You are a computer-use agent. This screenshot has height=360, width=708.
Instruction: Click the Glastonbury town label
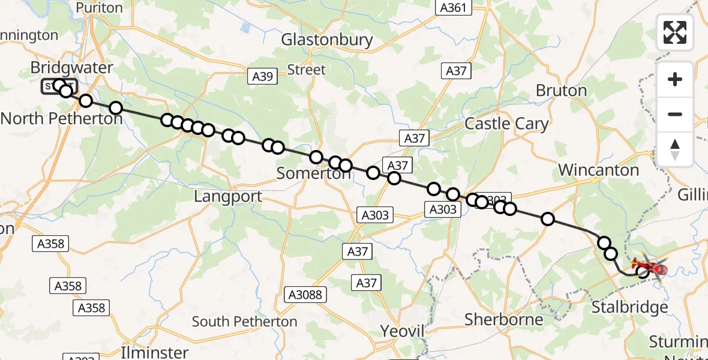click(327, 40)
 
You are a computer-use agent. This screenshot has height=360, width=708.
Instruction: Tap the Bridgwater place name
click(71, 68)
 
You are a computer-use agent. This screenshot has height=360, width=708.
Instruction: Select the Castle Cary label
click(506, 124)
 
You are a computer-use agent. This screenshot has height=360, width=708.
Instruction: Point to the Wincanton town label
click(598, 170)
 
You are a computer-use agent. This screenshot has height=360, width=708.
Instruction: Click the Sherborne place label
click(503, 320)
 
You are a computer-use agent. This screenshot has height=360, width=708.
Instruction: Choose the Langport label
click(228, 197)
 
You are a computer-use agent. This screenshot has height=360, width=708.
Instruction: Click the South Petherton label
click(244, 322)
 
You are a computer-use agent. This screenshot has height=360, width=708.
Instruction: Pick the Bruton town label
click(561, 91)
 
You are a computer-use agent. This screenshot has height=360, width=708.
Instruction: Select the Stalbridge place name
click(629, 308)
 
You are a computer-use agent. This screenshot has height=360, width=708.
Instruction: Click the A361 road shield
click(454, 8)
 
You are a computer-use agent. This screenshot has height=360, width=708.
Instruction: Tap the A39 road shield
click(262, 76)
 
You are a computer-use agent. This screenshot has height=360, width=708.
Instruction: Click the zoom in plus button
click(675, 79)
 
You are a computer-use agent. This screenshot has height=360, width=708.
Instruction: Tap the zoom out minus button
click(675, 114)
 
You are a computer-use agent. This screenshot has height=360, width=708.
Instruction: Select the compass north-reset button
click(675, 149)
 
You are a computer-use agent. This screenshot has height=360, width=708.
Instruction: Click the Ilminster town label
click(155, 352)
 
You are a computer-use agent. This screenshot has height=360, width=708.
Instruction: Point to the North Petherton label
click(61, 118)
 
